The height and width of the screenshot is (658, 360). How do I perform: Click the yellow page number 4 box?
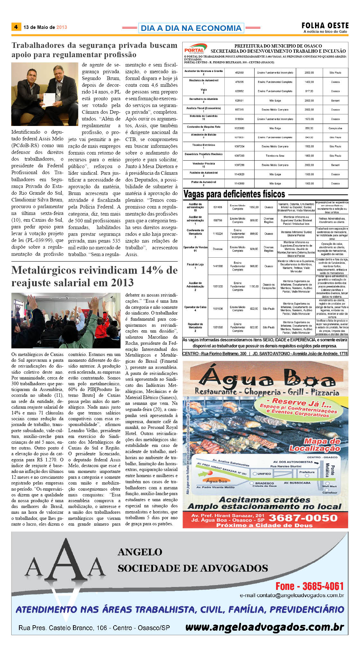point(16,27)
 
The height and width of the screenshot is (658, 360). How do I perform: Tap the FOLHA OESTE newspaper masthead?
point(325,26)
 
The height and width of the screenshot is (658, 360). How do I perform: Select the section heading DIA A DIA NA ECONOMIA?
point(191,28)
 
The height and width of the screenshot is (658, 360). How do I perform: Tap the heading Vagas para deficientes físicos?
point(234,194)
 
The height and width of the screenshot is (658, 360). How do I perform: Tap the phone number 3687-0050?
point(303,518)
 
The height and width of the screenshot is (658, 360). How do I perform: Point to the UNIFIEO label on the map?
point(264,474)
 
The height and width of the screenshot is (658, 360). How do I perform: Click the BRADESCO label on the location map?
point(265,483)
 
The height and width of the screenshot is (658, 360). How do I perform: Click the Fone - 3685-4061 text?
point(310,586)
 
